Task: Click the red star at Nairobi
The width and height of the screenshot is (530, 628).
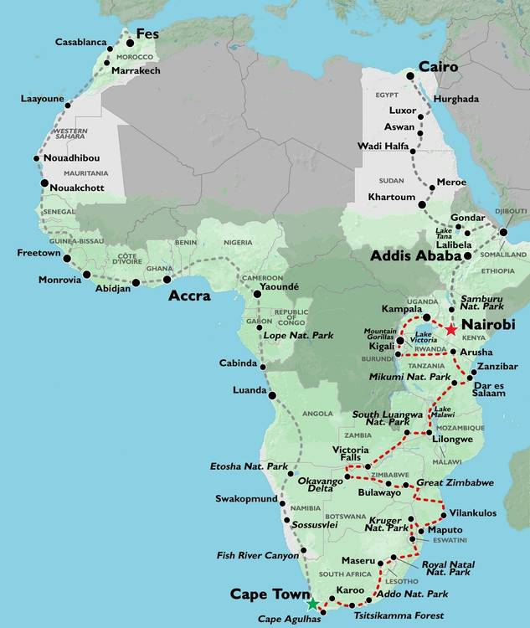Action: click(x=451, y=330)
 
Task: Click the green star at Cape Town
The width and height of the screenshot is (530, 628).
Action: click(x=312, y=604)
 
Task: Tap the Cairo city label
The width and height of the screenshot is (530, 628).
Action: click(x=436, y=66)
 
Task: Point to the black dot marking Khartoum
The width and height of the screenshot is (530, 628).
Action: click(x=422, y=204)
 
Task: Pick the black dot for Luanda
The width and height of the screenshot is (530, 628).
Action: click(x=271, y=394)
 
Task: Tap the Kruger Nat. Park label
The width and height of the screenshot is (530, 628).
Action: click(x=388, y=524)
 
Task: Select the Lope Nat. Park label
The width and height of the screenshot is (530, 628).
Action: click(x=299, y=335)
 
